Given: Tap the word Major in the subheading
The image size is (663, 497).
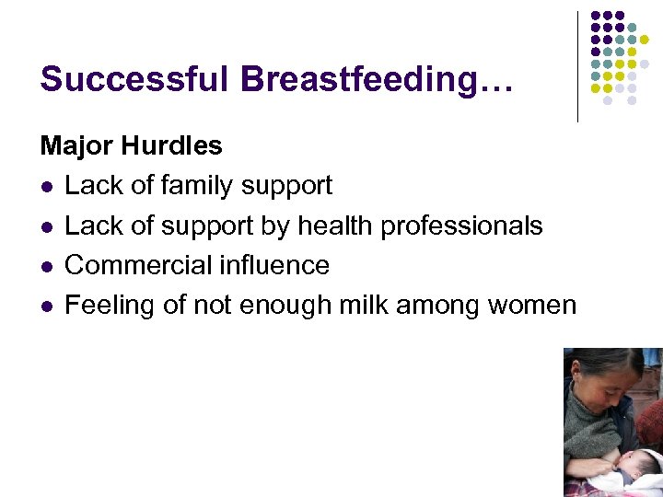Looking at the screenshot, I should tap(73, 145).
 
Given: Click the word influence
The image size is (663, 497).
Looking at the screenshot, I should tap(274, 265).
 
